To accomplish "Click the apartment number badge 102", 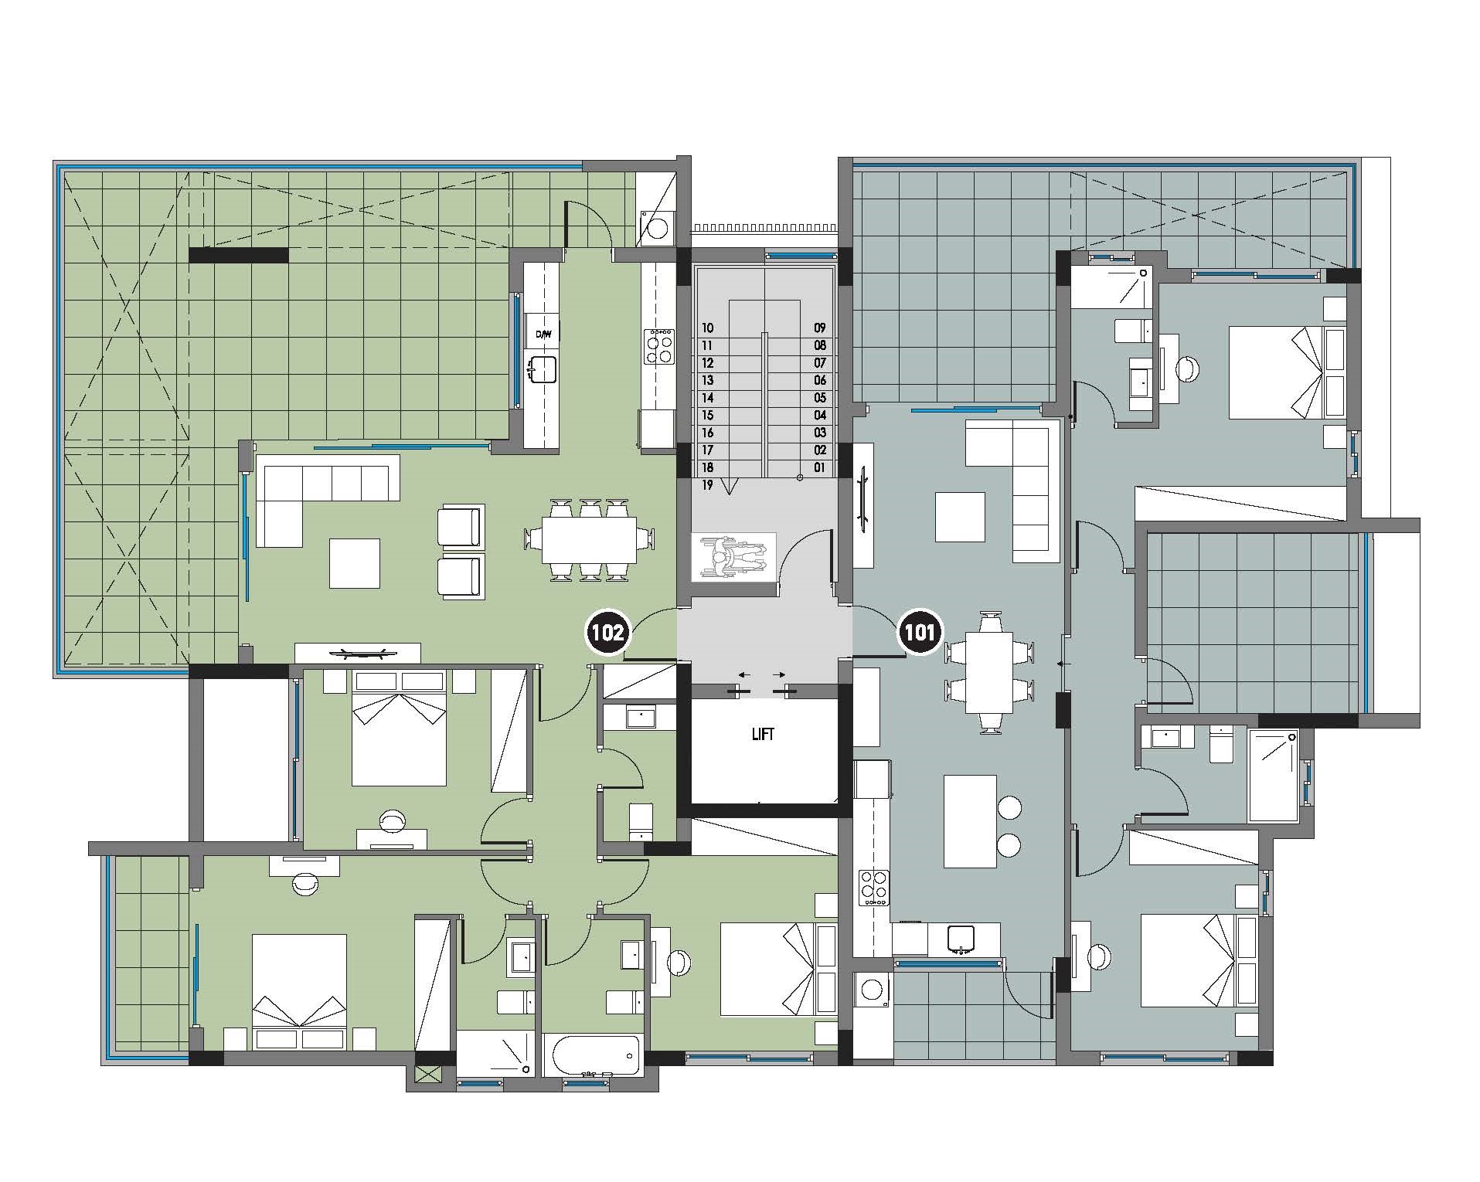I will [607, 633].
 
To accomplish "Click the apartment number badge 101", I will [919, 633].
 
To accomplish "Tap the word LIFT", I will [762, 734].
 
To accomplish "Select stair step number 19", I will [707, 485].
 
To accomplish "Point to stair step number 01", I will [819, 467].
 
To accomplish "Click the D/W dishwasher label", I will [544, 335].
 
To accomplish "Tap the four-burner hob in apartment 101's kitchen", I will [875, 888].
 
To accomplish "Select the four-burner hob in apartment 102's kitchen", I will [659, 346].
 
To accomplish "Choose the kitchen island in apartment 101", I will [970, 822].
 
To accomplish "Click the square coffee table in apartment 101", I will [960, 517].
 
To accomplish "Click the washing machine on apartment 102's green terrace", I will [657, 229].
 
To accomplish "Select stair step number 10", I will [707, 328].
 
